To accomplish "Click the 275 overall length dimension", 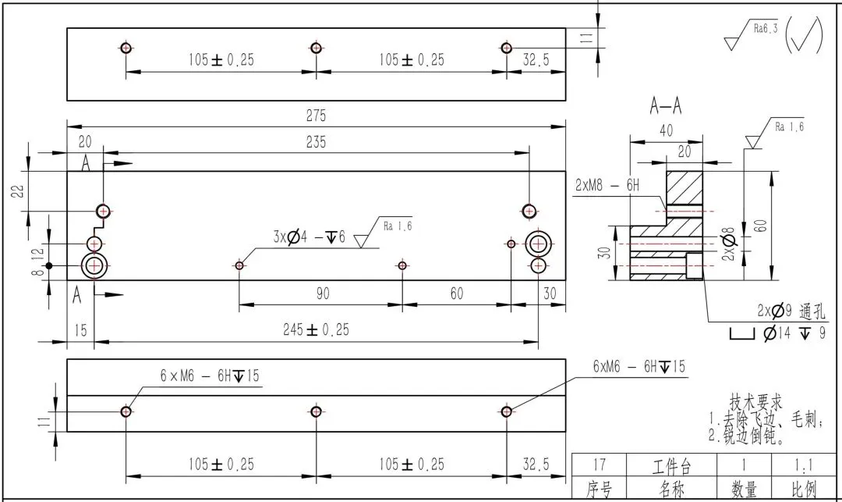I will pyautogui.click(x=316, y=116).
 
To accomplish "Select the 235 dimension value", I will pyautogui.click(x=316, y=142).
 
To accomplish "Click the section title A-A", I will pyautogui.click(x=666, y=107).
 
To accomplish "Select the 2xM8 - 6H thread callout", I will pyautogui.click(x=607, y=185).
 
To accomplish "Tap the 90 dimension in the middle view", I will pyautogui.click(x=322, y=294).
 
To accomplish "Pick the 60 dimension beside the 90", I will pyautogui.click(x=456, y=294).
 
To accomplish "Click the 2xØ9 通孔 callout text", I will pyautogui.click(x=783, y=311).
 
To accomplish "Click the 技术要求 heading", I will pyautogui.click(x=755, y=402).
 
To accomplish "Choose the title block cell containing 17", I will pyautogui.click(x=600, y=467).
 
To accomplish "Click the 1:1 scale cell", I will pyautogui.click(x=805, y=467).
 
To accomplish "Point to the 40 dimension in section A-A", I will pyautogui.click(x=666, y=131).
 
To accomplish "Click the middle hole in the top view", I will pyautogui.click(x=316, y=48).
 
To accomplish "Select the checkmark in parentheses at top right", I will pyautogui.click(x=805, y=34).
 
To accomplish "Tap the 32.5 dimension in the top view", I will pyautogui.click(x=535, y=59).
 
